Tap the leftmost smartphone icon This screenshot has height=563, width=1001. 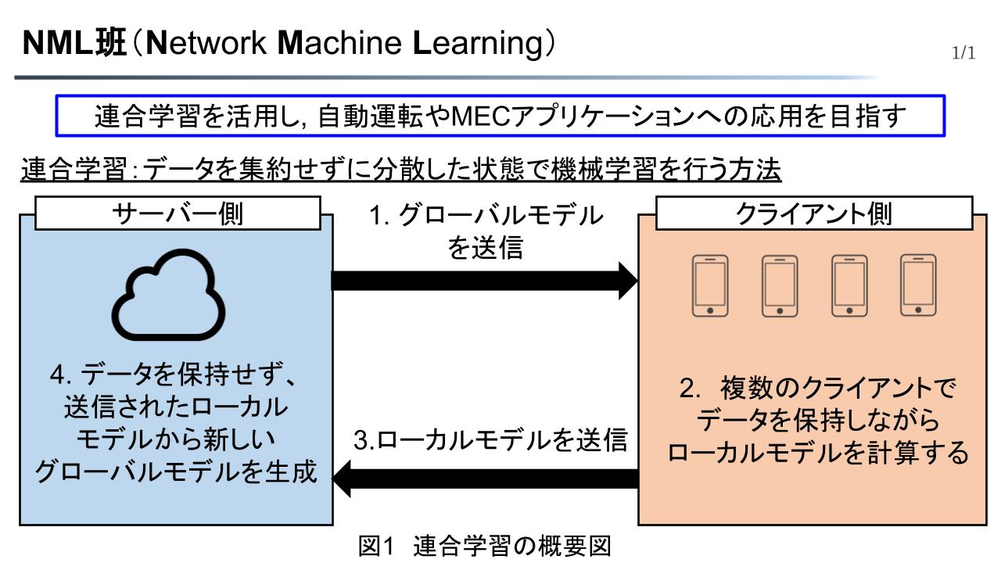coord(710,285)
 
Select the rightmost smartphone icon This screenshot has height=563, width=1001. coord(919,285)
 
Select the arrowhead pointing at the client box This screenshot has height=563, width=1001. coord(628,281)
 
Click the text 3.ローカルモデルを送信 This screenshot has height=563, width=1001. coord(490,441)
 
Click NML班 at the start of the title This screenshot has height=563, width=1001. coord(75,43)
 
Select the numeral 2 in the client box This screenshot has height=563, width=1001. coord(687,389)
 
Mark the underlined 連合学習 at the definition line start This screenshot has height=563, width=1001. coord(70,169)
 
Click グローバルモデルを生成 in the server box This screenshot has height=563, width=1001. coord(175,472)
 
